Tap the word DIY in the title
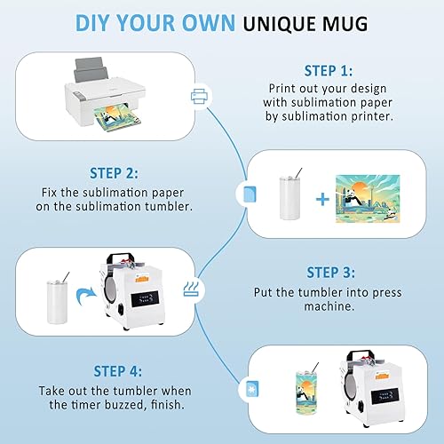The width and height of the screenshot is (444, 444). tap(92, 23)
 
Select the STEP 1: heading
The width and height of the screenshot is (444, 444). tap(329, 71)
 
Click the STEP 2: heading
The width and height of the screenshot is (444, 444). tap(114, 173)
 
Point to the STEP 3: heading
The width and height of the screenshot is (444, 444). tap(330, 273)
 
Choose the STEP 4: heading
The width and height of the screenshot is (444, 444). tap(118, 371)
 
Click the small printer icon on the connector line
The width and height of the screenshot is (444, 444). tap(199, 97)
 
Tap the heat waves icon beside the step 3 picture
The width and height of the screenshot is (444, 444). tap(191, 289)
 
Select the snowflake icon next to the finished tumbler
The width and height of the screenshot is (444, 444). tap(252, 389)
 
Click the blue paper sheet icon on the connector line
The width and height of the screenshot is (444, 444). tap(250, 194)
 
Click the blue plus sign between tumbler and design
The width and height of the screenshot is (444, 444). tap(322, 199)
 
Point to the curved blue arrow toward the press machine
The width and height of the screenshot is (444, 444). tap(86, 296)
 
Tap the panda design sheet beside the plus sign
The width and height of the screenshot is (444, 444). tap(368, 199)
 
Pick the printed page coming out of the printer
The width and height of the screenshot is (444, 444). tap(117, 119)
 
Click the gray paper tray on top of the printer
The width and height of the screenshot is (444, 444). tap(91, 70)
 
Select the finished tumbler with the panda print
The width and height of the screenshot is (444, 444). tap(306, 391)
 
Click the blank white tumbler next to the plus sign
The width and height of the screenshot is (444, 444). tap(290, 198)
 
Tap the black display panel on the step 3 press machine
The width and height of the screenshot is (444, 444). tap(145, 298)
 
